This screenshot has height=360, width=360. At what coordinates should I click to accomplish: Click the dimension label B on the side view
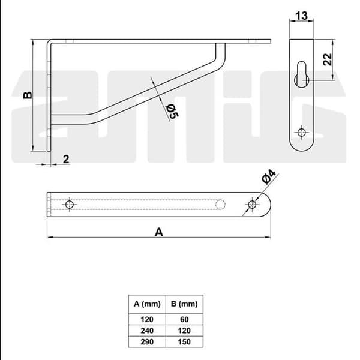point(28,95)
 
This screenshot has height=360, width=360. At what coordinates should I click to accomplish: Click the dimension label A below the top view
point(159,232)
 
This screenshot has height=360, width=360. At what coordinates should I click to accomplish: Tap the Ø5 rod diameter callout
point(172,112)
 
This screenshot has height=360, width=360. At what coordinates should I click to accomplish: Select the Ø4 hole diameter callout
point(269,177)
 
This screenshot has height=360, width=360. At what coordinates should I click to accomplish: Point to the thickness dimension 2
point(66,160)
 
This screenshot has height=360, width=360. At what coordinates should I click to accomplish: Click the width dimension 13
point(301,16)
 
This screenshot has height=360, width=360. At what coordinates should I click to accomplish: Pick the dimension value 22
point(328,59)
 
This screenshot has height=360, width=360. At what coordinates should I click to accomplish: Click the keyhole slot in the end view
point(302,74)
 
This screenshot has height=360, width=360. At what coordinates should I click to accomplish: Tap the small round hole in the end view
point(301,133)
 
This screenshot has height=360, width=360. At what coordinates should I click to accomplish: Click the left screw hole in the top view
point(70,205)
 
